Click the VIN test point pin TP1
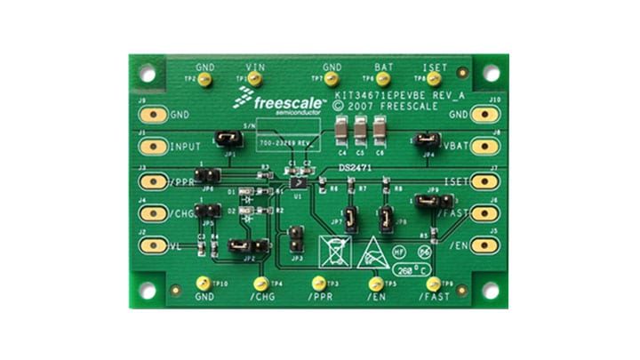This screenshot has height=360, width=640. (255, 80)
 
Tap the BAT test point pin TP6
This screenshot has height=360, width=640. (383, 80)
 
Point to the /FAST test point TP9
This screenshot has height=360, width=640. (433, 283)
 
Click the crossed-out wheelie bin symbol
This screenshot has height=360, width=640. (332, 251)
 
